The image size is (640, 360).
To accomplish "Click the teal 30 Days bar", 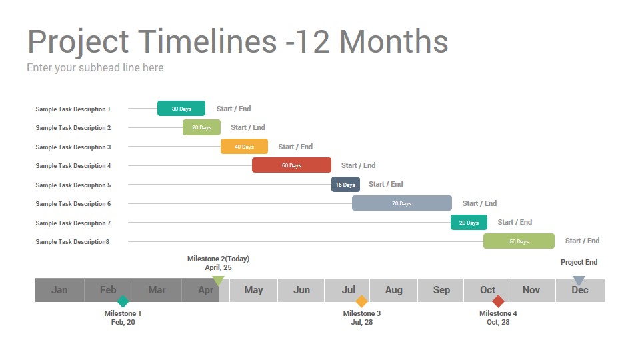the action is [181, 109].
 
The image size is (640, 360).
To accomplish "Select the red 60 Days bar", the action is [291, 165].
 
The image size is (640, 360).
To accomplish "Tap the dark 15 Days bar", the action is [345, 185].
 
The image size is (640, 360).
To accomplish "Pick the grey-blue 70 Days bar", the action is [401, 203].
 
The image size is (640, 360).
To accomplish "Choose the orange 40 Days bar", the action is [244, 147].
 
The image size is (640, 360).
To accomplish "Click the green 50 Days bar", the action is [519, 241].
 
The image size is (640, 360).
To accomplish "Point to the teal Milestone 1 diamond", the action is [123, 301].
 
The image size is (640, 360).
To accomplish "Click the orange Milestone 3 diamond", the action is [361, 301].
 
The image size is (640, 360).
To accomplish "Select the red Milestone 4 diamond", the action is [498, 301].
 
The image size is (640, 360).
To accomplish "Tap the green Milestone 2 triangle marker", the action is [219, 280].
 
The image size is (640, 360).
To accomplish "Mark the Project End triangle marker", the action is [579, 280].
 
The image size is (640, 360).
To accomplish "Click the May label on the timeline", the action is [253, 290].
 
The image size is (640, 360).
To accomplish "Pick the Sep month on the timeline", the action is [441, 290].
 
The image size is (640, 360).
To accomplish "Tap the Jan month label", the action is [59, 290].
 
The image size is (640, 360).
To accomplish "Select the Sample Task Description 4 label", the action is [73, 166].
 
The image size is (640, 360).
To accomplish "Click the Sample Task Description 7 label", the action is [73, 223].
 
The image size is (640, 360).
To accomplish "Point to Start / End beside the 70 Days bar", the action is [479, 203].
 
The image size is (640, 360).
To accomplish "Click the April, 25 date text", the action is [219, 268].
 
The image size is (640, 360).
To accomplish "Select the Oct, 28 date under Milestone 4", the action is [498, 322].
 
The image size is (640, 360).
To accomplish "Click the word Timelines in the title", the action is [208, 41].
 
